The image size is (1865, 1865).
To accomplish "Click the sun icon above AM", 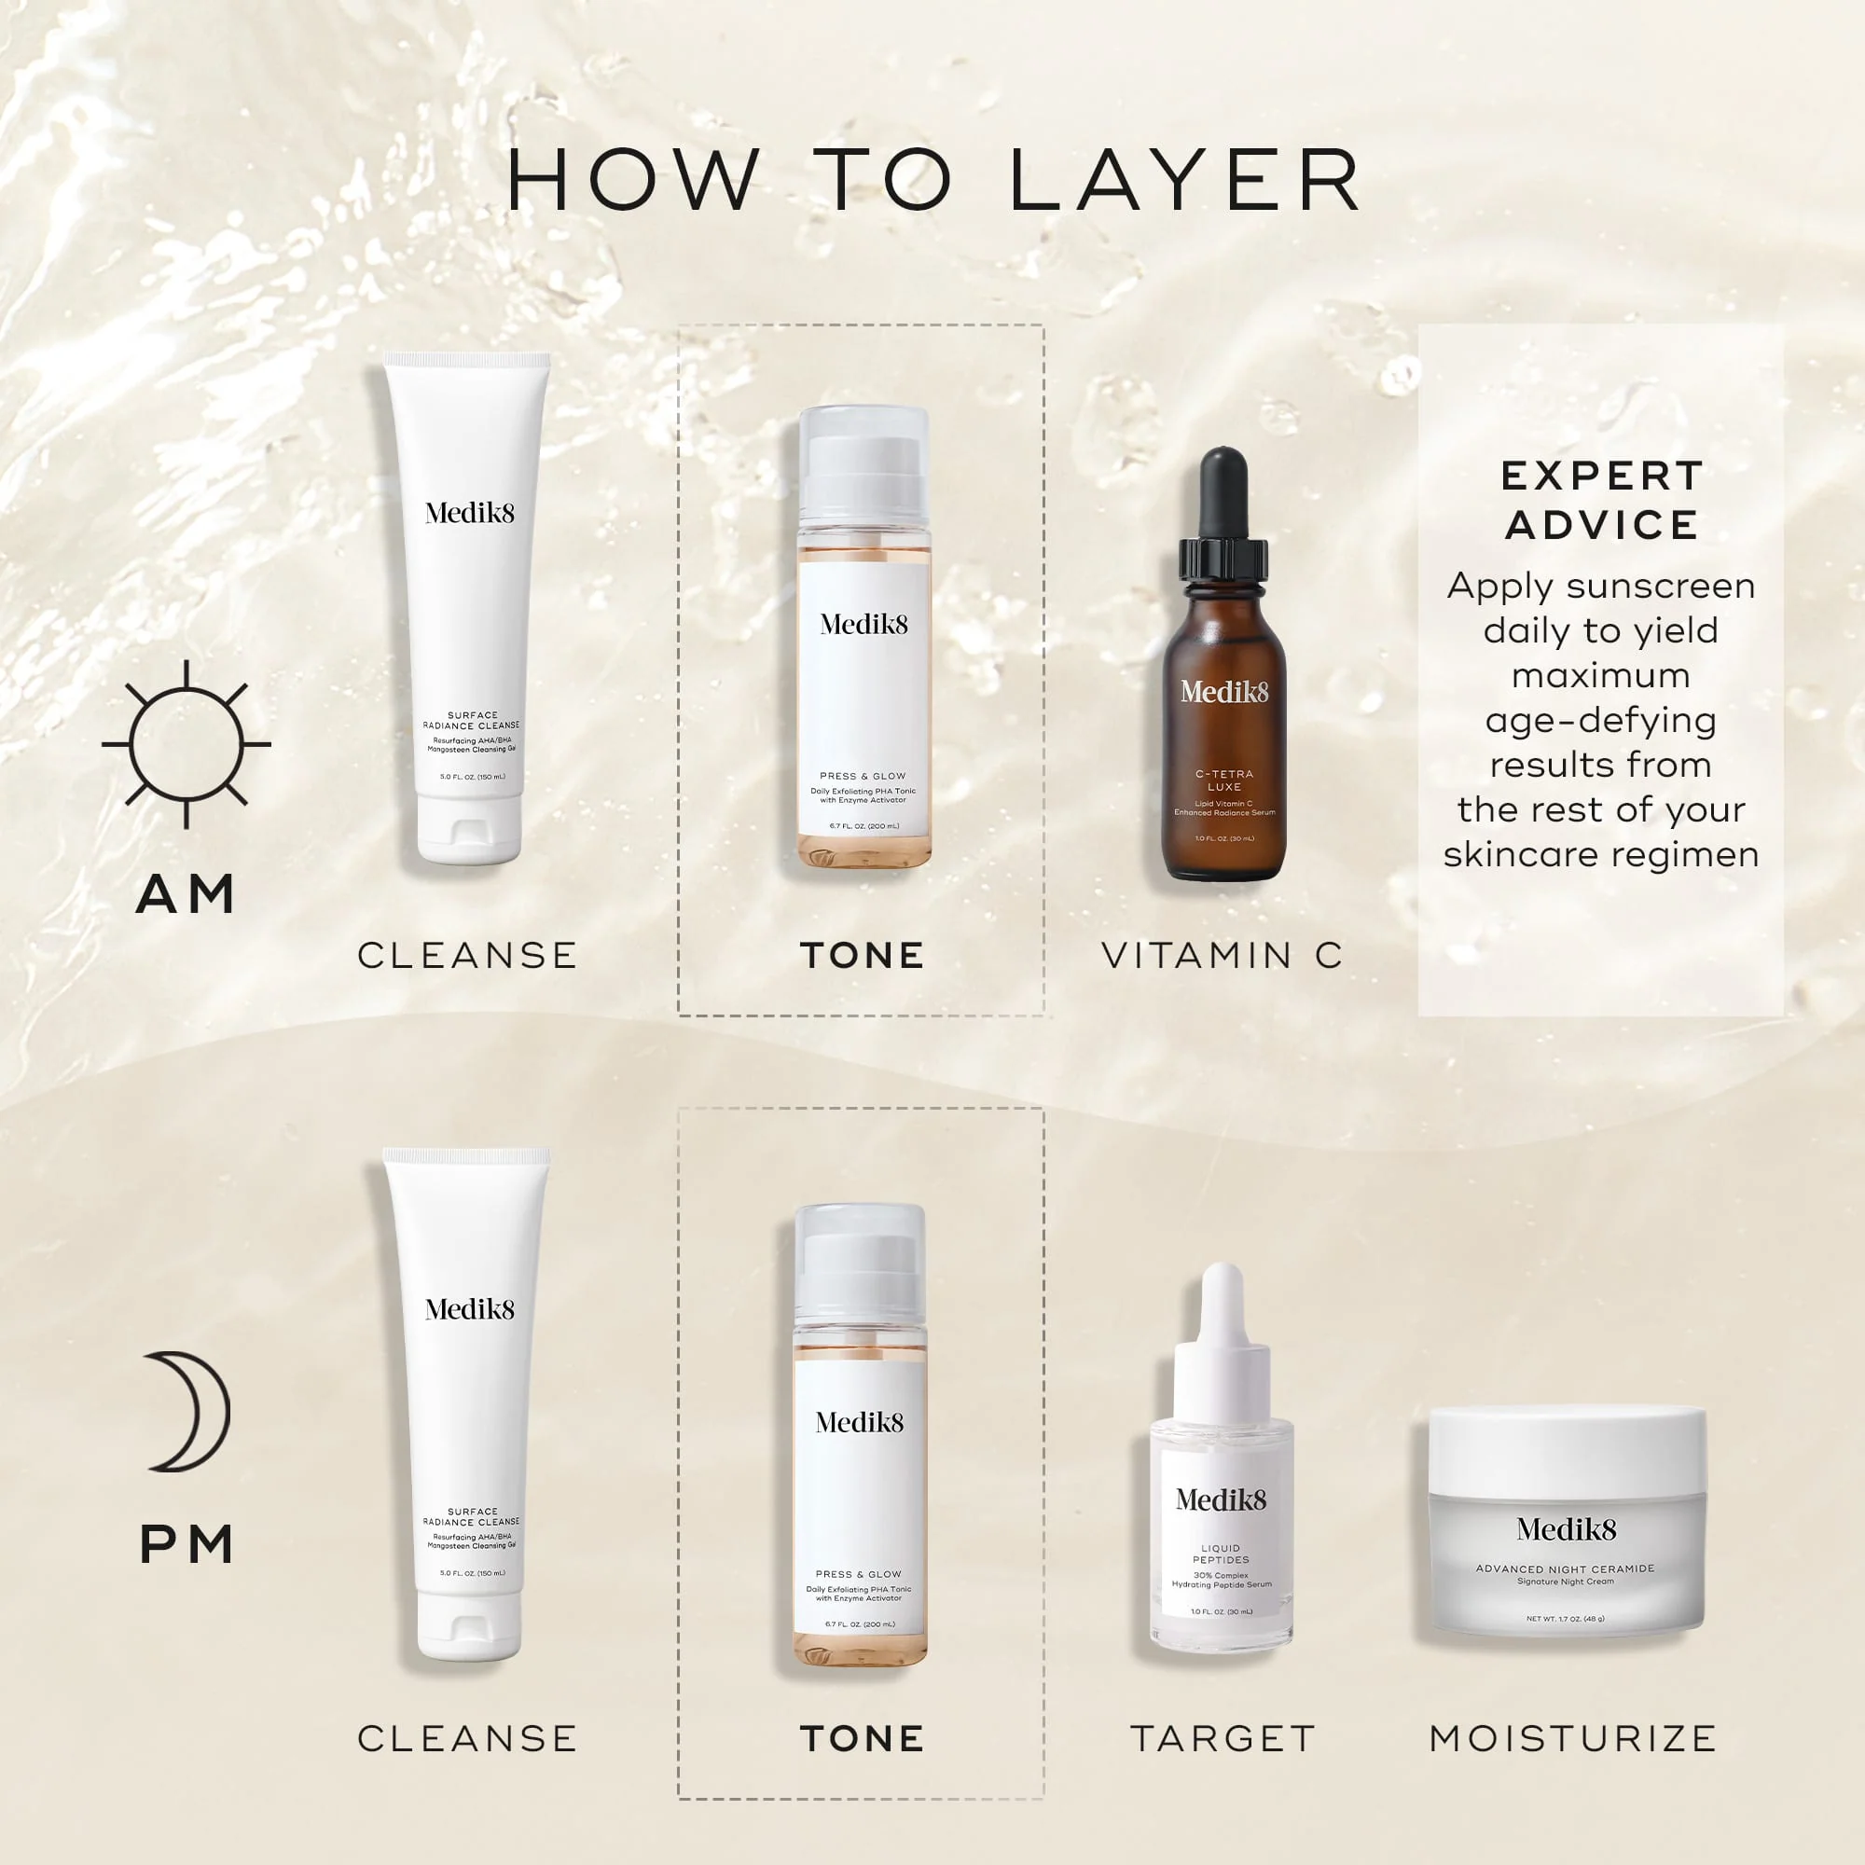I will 186,744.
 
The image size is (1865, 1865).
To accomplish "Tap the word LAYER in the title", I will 1185,181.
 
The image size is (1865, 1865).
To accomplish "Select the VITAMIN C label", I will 1223,956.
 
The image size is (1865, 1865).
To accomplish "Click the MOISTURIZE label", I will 1572,1738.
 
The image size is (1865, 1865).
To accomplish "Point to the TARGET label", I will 1223,1738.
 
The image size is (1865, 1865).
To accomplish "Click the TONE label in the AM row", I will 862,956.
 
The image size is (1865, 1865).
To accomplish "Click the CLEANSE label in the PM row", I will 467,1738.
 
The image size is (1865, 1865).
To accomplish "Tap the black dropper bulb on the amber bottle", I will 1223,492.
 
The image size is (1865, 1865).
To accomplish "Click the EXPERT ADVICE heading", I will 1600,500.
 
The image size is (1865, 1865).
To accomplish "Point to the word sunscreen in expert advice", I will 1661,586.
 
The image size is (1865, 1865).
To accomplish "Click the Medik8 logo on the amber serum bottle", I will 1224,691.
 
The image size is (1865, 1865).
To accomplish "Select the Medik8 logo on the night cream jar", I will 1566,1530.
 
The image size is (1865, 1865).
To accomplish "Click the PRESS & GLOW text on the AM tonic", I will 862,776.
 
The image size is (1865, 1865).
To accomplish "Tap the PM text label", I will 186,1544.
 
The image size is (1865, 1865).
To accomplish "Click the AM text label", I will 186,894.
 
